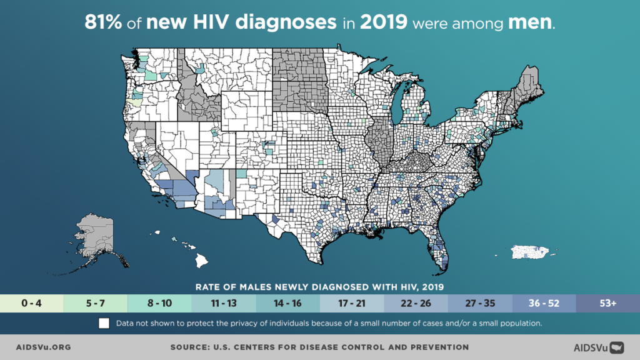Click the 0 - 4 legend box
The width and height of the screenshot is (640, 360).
coord(32,303)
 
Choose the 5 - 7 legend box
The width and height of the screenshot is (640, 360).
coord(96,303)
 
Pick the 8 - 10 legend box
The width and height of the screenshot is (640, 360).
coord(160,303)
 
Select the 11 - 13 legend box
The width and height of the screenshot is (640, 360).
coord(224,303)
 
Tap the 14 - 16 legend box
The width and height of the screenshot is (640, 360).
coord(287,303)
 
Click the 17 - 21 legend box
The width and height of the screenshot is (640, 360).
coord(352,303)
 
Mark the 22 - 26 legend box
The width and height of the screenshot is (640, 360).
coord(416,303)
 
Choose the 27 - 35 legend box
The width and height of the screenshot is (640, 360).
coord(480,303)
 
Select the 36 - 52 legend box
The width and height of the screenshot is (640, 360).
coord(544,303)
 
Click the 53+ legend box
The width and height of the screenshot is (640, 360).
coord(607,303)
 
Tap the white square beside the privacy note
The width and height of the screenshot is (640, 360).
coord(104,324)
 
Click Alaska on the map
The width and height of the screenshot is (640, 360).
coord(97,237)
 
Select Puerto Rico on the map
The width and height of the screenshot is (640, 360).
coord(533,252)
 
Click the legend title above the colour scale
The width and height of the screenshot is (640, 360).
coord(319,287)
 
